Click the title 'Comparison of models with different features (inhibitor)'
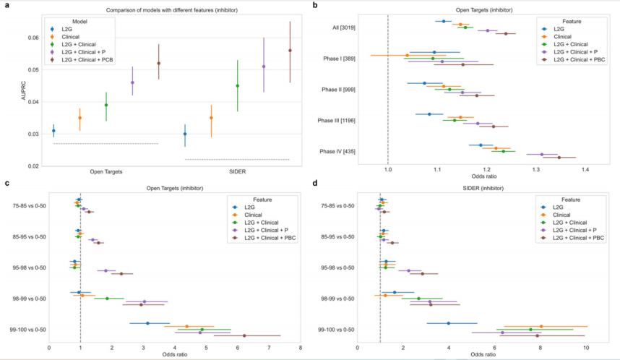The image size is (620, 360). (x=172, y=11)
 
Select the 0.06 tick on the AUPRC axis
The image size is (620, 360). (x=34, y=38)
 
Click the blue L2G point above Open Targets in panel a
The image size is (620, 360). (x=53, y=131)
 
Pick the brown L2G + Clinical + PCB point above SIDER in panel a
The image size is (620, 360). (x=290, y=51)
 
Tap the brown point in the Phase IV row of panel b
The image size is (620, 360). (x=559, y=157)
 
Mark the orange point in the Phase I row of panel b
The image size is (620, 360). (x=408, y=55)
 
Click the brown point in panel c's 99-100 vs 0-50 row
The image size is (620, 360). (x=244, y=335)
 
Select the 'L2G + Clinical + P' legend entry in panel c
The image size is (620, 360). (x=261, y=230)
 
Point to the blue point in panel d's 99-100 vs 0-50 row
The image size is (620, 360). (x=449, y=323)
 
